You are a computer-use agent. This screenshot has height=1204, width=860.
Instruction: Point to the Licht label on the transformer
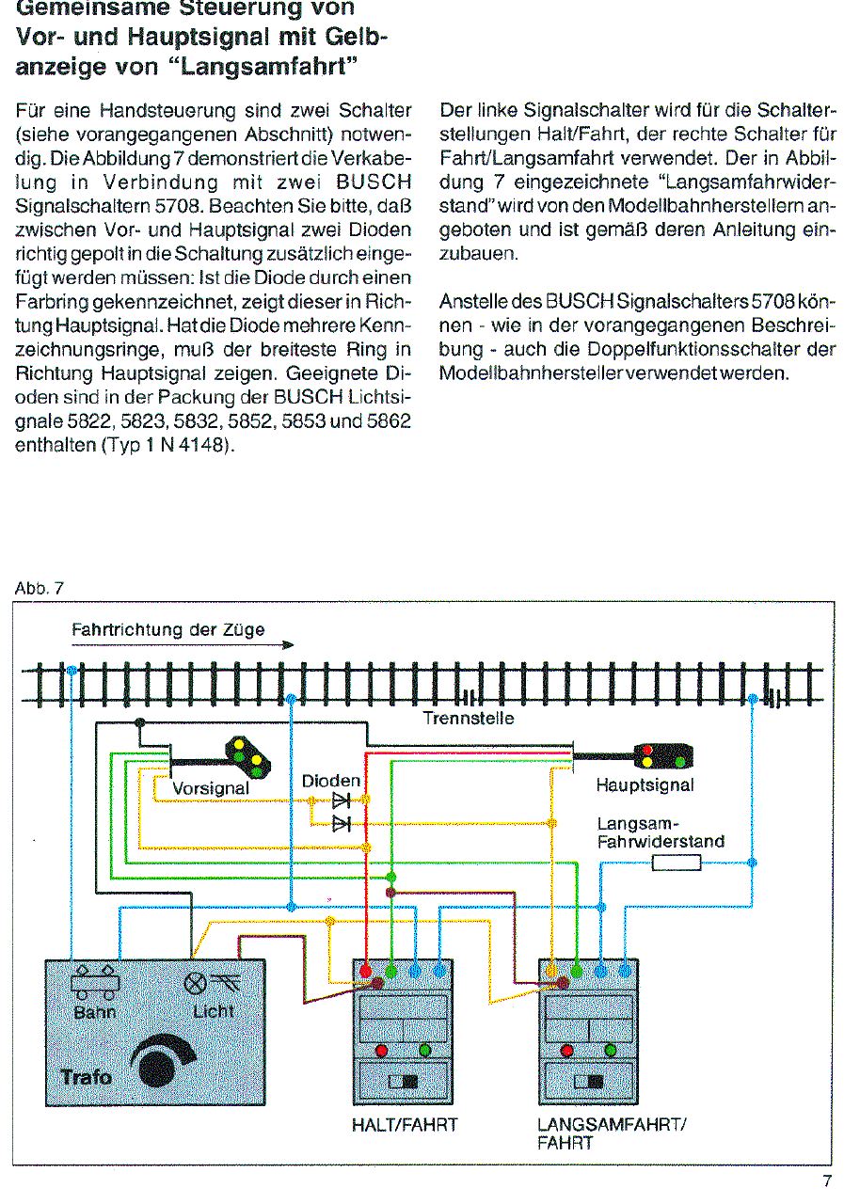214,1012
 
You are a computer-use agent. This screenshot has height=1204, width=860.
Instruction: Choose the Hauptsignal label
645,784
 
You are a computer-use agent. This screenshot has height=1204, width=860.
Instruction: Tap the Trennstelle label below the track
468,719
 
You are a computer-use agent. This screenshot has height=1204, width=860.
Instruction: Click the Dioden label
331,782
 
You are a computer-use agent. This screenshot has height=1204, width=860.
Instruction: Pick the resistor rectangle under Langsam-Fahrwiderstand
677,862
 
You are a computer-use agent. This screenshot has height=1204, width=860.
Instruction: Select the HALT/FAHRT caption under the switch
404,1125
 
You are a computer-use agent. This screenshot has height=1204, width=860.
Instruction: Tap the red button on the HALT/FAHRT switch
382,1050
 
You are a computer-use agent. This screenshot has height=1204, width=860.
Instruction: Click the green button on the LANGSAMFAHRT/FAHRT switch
610,1050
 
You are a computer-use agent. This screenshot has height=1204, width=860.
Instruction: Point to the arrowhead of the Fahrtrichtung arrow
289,645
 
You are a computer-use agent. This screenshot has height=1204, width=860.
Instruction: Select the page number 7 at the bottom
827,1181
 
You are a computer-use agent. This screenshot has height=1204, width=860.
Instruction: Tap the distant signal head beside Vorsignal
247,757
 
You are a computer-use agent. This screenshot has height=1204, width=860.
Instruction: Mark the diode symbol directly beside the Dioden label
340,800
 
